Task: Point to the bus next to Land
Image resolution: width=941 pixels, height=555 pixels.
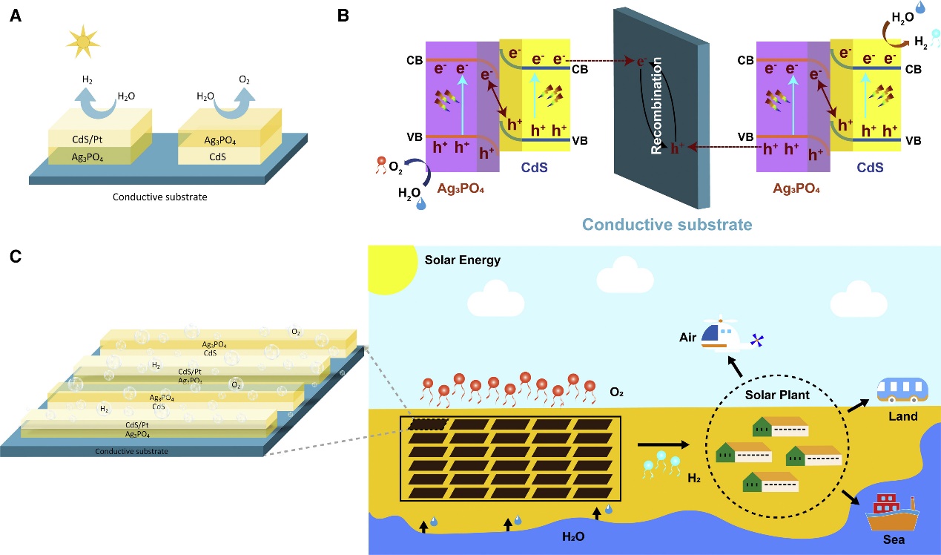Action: pyautogui.click(x=903, y=390)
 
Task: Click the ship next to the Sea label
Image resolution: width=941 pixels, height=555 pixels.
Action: pyautogui.click(x=893, y=513)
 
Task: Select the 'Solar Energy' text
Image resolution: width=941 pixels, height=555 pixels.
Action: pyautogui.click(x=463, y=260)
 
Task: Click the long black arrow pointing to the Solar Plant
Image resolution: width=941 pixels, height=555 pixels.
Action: pyautogui.click(x=663, y=445)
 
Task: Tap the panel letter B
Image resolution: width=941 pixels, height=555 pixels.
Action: pyautogui.click(x=343, y=16)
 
